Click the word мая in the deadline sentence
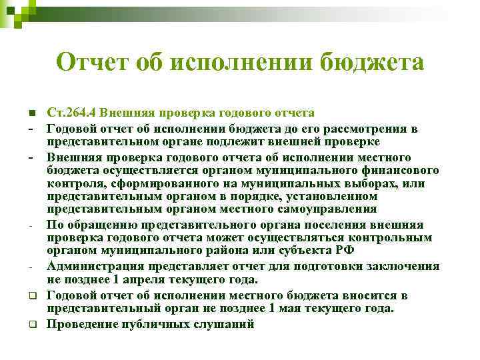coord(298,308)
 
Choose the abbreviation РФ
coord(345,249)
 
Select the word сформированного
coord(153,183)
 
